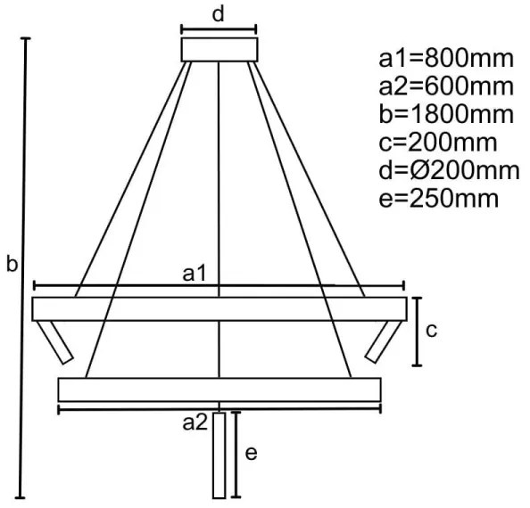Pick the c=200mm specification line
tap(438, 142)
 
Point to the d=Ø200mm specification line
tap(449, 169)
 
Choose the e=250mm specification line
tap(438, 197)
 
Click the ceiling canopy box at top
tap(219, 48)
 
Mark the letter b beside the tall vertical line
tap(12, 266)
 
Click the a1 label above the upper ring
tap(195, 274)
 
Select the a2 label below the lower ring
tap(195, 422)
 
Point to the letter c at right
tap(430, 331)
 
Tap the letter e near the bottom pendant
tap(252, 453)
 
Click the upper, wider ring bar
tap(219, 308)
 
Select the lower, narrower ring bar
tap(219, 389)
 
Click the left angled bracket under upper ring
tap(55, 341)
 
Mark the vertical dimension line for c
tap(417, 332)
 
